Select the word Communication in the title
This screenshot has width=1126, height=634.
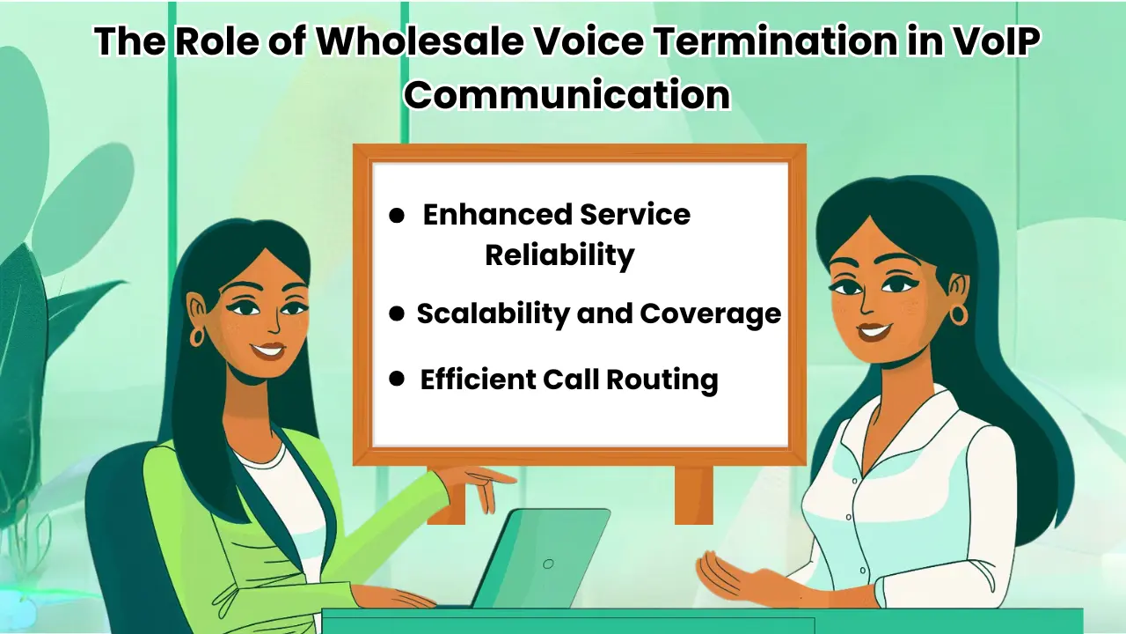click(567, 93)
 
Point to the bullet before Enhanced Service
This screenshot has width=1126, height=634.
click(397, 215)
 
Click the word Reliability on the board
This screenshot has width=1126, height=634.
click(559, 254)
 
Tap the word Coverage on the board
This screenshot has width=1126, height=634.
click(710, 313)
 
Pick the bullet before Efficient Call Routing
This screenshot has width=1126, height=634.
click(397, 379)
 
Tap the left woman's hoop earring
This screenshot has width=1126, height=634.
click(196, 336)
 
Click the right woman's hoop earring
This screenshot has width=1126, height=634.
click(958, 313)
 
